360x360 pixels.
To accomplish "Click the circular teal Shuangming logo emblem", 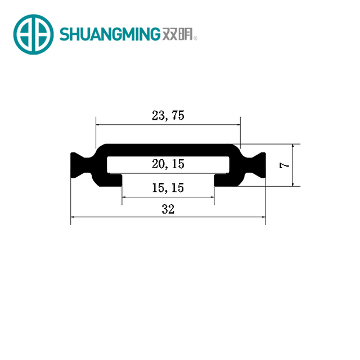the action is [34, 34].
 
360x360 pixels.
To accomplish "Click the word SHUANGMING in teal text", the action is [110, 34].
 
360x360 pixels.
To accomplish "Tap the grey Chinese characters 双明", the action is [177, 34].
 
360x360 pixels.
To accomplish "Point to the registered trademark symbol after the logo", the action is [195, 38].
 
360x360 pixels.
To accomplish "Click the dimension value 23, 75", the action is [168, 115].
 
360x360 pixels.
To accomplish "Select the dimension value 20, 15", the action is [168, 164].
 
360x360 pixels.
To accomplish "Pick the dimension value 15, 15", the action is [168, 187].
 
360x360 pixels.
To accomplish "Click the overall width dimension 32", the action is [168, 209].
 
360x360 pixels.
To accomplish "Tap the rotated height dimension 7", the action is [284, 165].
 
